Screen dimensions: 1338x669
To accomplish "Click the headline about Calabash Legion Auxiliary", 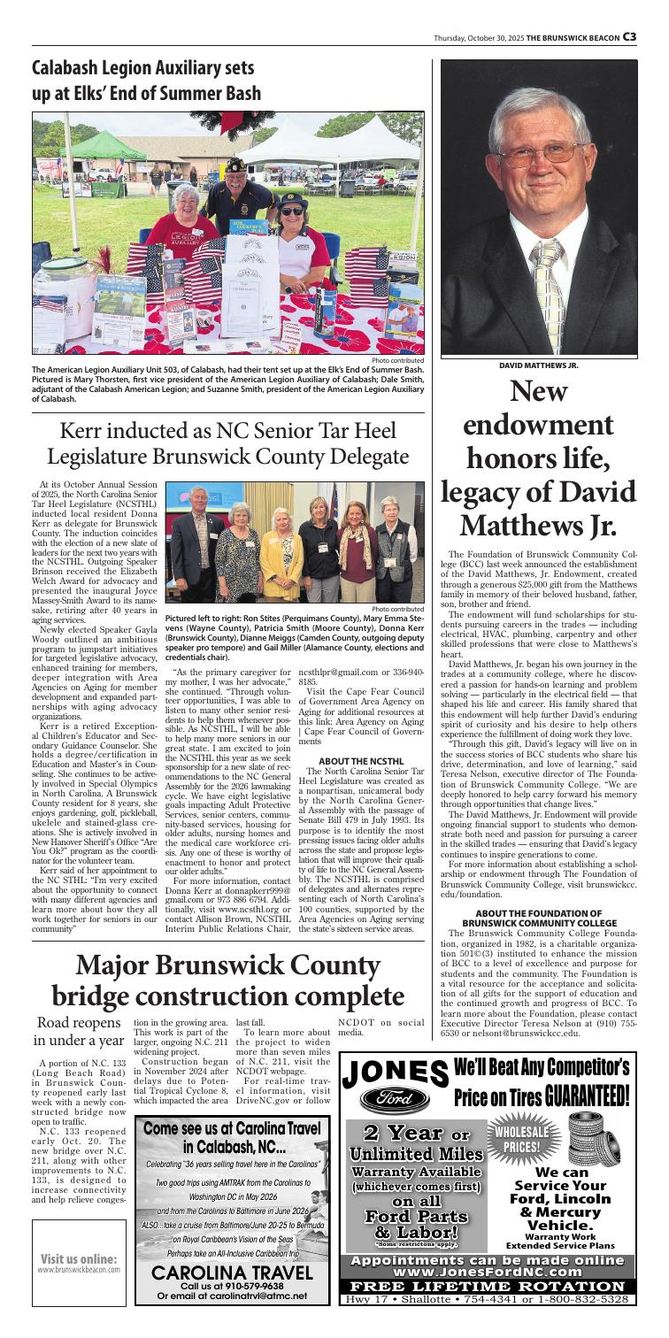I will [147, 80].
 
